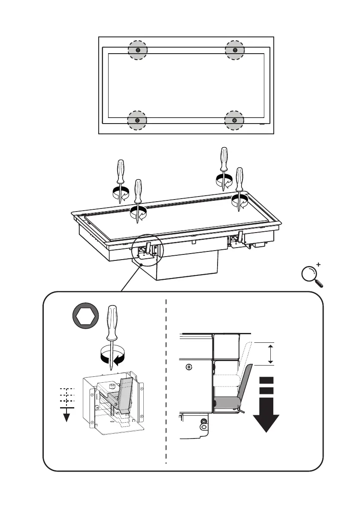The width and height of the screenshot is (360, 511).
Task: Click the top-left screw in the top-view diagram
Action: click(x=138, y=50)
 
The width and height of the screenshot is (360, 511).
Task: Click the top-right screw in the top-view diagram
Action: click(x=235, y=50)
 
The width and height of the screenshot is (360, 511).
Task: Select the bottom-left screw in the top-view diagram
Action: click(x=138, y=120)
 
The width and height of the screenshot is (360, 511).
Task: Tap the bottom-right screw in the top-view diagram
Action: click(x=235, y=120)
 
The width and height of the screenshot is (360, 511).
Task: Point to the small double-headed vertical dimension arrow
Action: click(x=270, y=354)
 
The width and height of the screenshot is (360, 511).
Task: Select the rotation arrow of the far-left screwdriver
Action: click(x=121, y=195)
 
